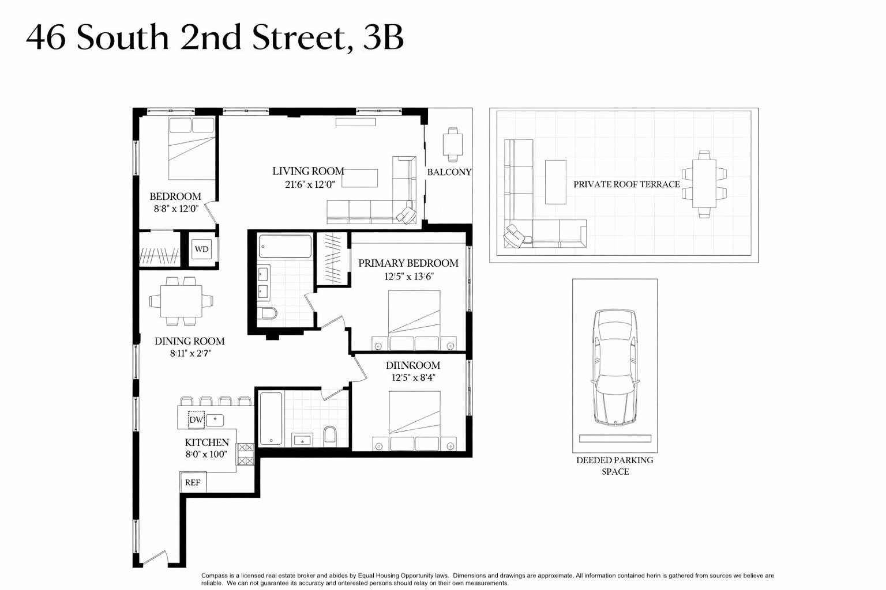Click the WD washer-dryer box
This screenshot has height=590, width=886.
point(201,249)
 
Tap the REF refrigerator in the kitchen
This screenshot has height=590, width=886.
point(193,482)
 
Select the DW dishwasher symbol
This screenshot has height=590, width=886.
point(196,420)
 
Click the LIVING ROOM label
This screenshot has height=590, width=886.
point(308,171)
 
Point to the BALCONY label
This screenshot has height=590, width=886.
point(449,172)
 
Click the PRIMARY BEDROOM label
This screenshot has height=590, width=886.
point(408,263)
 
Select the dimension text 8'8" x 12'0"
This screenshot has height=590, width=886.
point(176,209)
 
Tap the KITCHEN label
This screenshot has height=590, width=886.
point(207,442)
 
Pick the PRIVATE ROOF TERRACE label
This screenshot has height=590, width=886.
point(626,184)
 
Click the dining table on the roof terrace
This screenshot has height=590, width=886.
point(704,184)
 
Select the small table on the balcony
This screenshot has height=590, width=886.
point(452,144)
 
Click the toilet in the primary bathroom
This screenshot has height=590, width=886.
point(268,313)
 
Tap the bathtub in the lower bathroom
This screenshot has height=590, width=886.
point(271,418)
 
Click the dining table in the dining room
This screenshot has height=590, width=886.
point(181,301)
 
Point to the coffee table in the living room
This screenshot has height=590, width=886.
point(361,178)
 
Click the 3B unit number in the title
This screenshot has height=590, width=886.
point(384,38)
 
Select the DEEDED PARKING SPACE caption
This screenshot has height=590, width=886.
point(615,466)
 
